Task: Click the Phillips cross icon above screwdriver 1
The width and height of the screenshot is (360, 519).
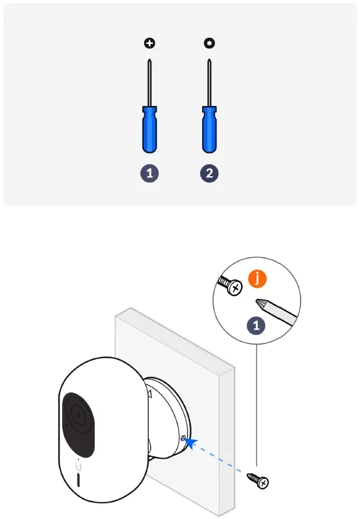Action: (149, 44)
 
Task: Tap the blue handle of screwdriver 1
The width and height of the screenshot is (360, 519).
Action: (149, 130)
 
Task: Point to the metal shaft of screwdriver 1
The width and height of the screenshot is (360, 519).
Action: (149, 81)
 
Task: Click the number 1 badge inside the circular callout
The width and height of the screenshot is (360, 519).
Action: (256, 325)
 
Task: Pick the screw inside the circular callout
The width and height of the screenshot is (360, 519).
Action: (230, 286)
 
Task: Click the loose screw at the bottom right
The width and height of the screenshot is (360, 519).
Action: (258, 480)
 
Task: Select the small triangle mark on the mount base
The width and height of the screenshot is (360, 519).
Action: (149, 394)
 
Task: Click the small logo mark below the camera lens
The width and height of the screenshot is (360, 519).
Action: (79, 466)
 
